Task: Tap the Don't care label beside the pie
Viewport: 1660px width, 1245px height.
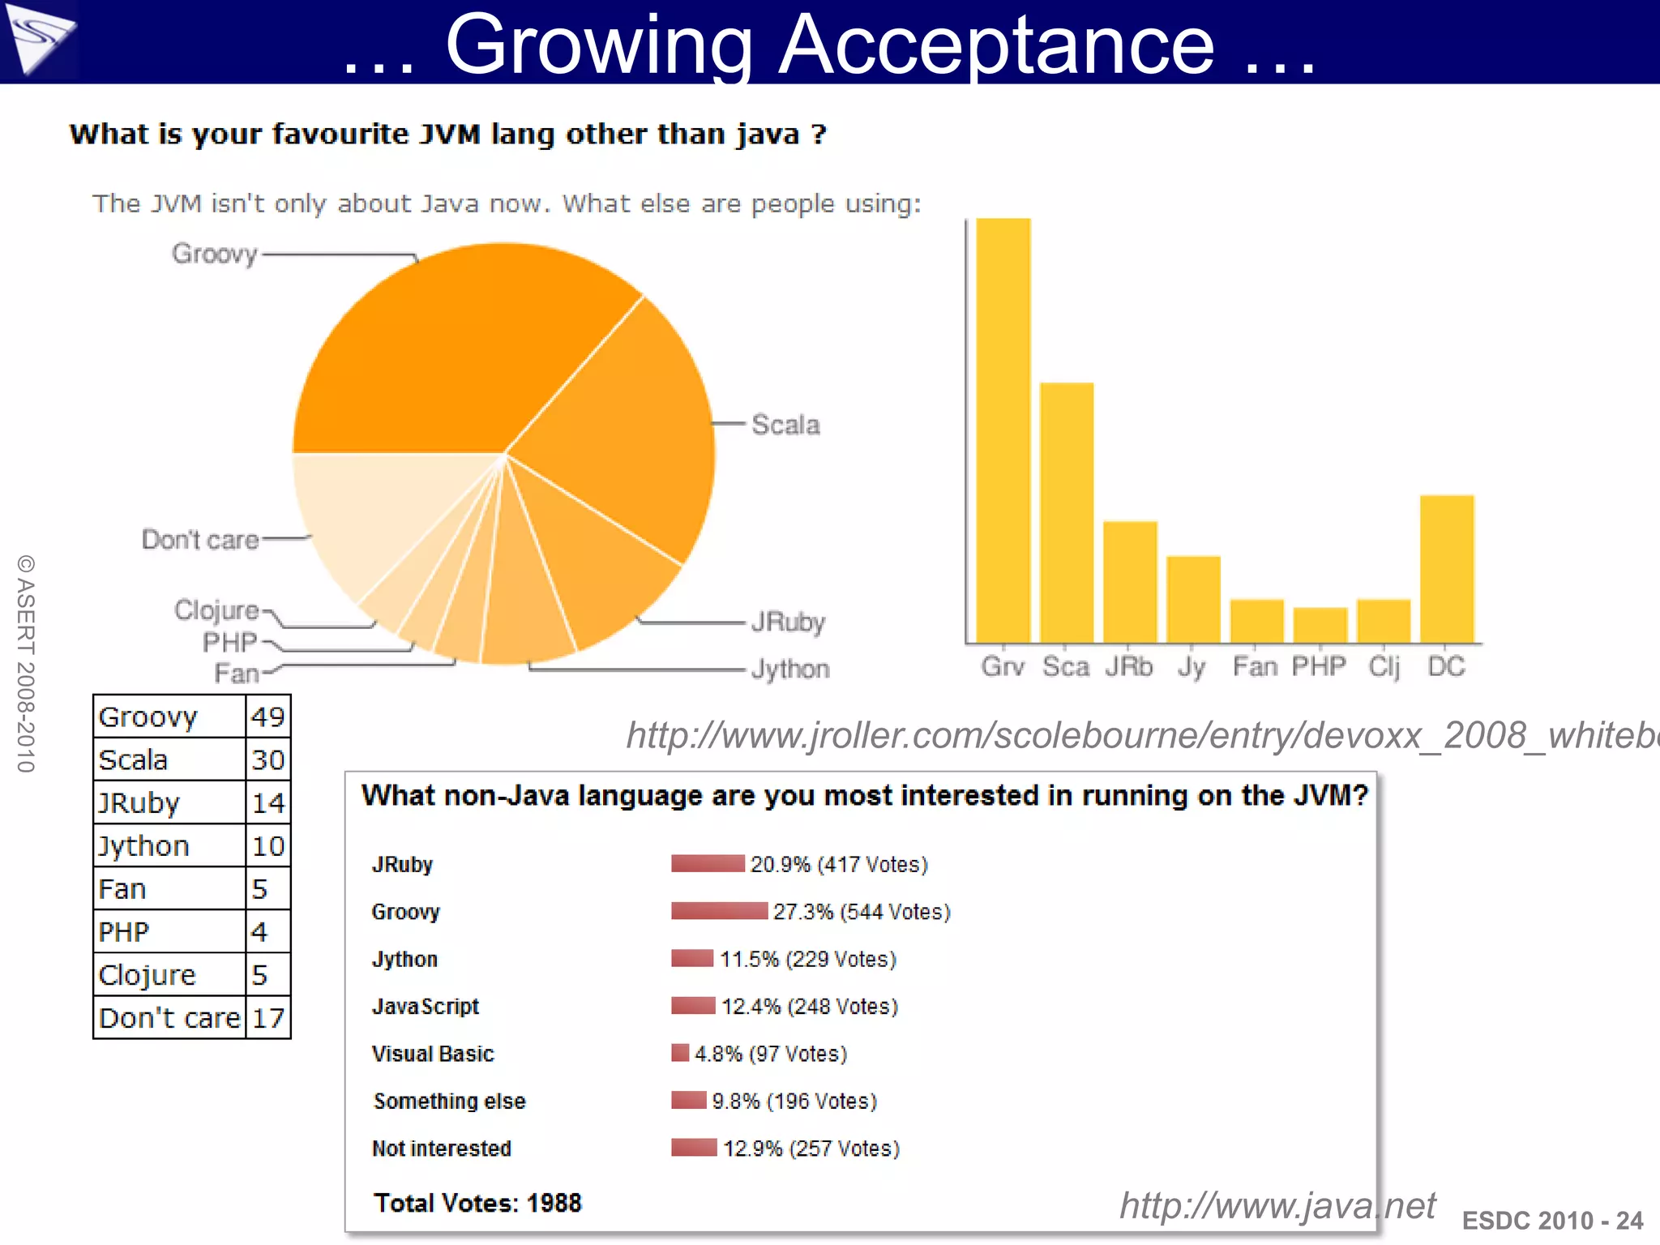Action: coord(200,540)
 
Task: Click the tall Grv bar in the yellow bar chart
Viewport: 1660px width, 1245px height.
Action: coord(1003,430)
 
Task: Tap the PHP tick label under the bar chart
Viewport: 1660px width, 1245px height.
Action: coord(1319,667)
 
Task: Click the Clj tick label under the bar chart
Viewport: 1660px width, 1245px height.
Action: coord(1384,667)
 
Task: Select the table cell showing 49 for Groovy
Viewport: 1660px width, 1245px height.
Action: coord(267,717)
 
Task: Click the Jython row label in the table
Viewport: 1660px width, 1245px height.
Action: coord(144,846)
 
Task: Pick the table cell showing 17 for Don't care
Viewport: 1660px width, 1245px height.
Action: coord(267,1018)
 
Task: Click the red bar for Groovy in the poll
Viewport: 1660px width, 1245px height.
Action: coord(719,911)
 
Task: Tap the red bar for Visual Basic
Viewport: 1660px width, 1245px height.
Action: coord(680,1053)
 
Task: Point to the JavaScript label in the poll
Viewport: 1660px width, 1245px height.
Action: coord(426,1007)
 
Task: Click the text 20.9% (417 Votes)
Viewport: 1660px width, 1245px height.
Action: coord(839,865)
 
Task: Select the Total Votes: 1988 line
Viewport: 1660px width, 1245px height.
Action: coord(477,1203)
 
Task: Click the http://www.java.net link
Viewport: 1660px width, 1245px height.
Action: coord(1277,1205)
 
